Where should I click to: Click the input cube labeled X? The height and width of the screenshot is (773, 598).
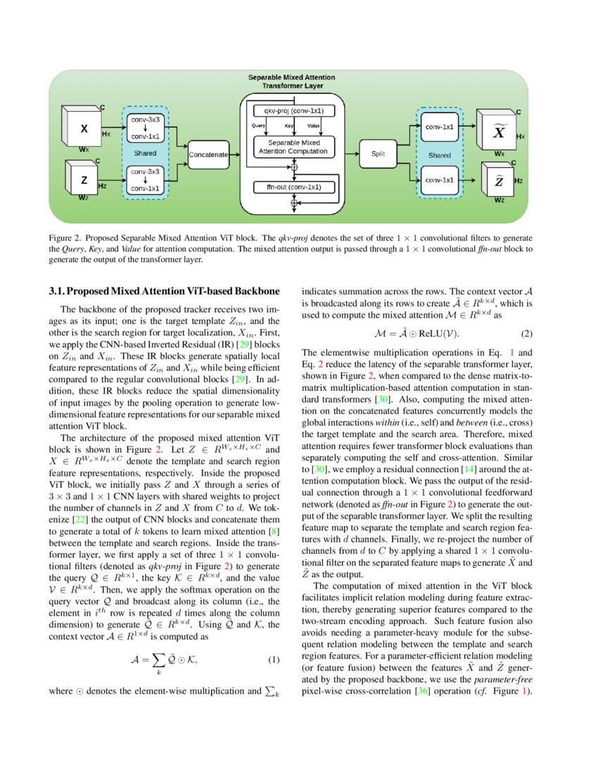[x=83, y=129]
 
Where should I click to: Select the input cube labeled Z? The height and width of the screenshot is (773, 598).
[x=84, y=179]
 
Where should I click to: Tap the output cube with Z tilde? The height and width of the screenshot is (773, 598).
[x=497, y=181]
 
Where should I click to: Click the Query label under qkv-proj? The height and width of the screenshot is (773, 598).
[x=258, y=125]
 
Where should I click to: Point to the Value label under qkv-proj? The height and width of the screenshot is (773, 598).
[x=314, y=125]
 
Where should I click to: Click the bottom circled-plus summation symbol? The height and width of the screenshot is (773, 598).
[x=294, y=203]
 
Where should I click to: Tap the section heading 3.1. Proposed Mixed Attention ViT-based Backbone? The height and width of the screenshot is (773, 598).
[x=165, y=290]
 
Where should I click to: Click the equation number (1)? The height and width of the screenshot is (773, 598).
[x=275, y=660]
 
